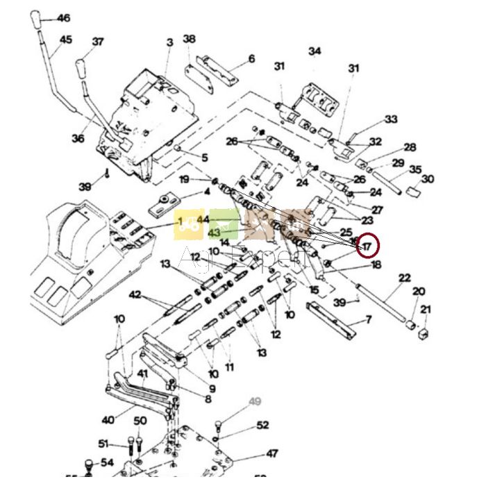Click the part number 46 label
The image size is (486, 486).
[x=64, y=19]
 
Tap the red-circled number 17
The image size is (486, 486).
[x=367, y=245]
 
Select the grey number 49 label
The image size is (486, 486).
[x=255, y=401]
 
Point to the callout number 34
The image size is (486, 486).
[x=315, y=51]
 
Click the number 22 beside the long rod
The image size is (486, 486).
[x=404, y=278]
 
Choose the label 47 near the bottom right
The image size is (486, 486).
[x=272, y=454]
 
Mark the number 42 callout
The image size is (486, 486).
[x=135, y=294]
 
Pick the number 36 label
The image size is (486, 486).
[x=78, y=138]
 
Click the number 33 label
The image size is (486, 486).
[x=391, y=119]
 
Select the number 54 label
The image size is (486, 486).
[x=107, y=462]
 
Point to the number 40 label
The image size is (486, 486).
[x=108, y=419]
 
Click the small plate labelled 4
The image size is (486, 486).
[x=163, y=203]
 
